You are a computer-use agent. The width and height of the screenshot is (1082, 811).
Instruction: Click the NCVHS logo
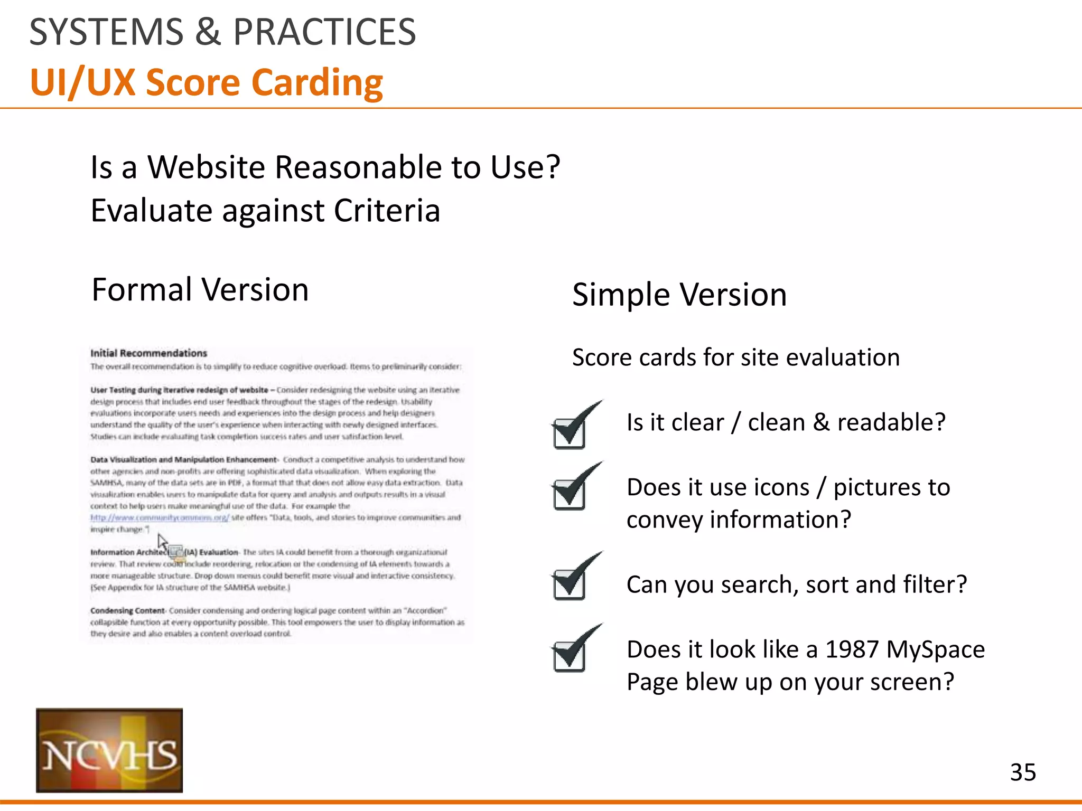(x=109, y=750)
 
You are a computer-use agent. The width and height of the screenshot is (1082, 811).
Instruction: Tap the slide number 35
(x=1023, y=772)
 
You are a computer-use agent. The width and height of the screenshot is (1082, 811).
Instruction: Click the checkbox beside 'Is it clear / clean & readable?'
(x=570, y=433)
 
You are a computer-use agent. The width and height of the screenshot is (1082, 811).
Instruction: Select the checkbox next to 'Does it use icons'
(x=570, y=494)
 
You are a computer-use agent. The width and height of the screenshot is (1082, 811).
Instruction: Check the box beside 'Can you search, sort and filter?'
(x=570, y=583)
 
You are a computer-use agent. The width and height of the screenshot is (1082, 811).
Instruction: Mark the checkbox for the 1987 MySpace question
(x=570, y=655)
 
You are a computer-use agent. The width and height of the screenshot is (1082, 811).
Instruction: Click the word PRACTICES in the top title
(x=324, y=32)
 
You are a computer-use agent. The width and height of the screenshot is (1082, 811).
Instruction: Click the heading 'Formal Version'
(x=200, y=290)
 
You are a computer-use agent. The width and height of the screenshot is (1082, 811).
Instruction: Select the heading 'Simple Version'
(x=679, y=295)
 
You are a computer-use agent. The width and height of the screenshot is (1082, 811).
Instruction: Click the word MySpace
(x=935, y=649)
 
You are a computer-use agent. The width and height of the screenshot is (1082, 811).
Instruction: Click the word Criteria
(x=387, y=211)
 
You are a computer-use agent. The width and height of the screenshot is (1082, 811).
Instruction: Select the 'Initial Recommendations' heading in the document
(x=148, y=353)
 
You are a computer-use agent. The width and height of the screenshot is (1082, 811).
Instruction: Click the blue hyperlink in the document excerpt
(x=160, y=517)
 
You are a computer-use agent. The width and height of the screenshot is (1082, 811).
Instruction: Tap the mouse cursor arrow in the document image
(x=162, y=541)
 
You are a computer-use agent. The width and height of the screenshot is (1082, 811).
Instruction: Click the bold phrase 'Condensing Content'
(x=127, y=611)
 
